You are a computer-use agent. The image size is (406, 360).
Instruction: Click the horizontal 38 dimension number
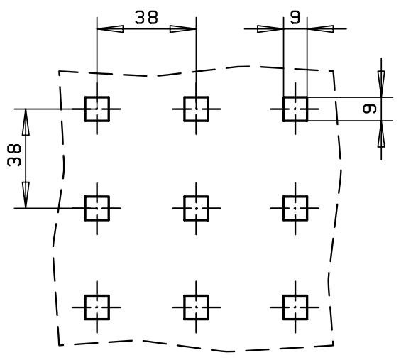pyautogui.click(x=146, y=18)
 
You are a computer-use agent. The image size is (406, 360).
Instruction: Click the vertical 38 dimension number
pyautogui.click(x=14, y=155)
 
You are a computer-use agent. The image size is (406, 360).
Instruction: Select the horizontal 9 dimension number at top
pyautogui.click(x=295, y=17)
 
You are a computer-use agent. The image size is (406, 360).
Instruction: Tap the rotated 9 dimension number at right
pyautogui.click(x=370, y=109)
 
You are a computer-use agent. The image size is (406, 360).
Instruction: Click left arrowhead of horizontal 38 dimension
pyautogui.click(x=110, y=28)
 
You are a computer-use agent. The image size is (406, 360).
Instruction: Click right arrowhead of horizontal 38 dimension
pyautogui.click(x=183, y=28)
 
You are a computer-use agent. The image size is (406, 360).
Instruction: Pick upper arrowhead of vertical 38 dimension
pyautogui.click(x=26, y=122)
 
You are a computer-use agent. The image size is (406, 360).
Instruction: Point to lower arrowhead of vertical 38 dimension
pyautogui.click(x=26, y=195)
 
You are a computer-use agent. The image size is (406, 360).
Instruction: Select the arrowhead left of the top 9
pyautogui.click(x=270, y=28)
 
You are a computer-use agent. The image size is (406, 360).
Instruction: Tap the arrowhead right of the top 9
pyautogui.click(x=320, y=28)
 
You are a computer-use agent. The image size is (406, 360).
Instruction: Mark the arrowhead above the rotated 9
pyautogui.click(x=381, y=84)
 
